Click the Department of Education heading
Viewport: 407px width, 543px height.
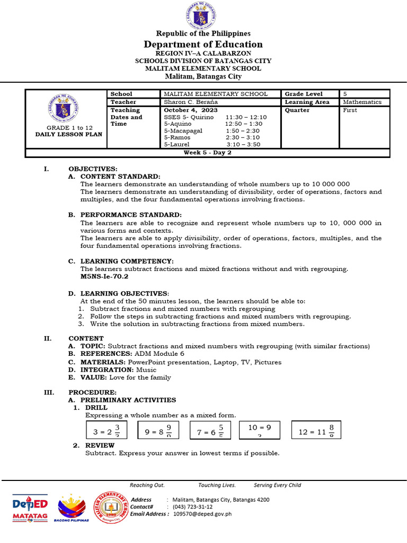pos(203,45)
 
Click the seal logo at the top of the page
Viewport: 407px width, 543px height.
pos(203,15)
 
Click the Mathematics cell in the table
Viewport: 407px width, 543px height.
pos(362,102)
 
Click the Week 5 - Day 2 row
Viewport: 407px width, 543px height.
pos(207,153)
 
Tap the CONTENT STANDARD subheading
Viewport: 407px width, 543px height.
pos(120,177)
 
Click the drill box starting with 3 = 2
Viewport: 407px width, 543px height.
pos(107,431)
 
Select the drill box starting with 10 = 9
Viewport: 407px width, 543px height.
pos(259,430)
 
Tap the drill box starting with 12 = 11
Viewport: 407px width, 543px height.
pos(316,431)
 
